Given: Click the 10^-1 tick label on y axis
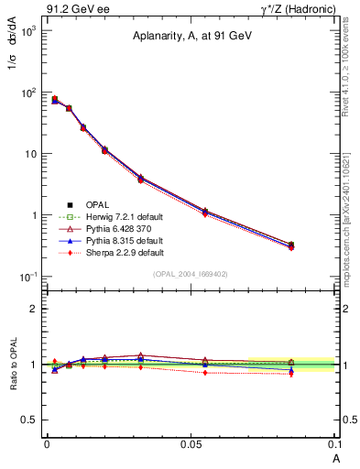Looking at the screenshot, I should coord(27,277).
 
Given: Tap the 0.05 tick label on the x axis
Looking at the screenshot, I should coord(191,444).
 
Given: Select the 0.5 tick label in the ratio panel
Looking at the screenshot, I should coord(29,420).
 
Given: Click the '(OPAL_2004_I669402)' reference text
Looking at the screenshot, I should coord(190,273).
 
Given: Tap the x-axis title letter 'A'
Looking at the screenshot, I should coord(334,457).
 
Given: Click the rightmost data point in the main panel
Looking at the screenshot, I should coord(291,245).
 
